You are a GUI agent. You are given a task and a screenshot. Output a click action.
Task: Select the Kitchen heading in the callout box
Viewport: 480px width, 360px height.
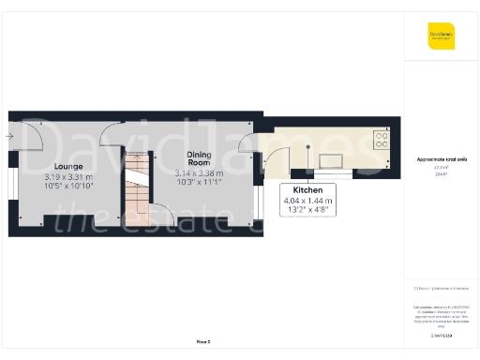[307, 188]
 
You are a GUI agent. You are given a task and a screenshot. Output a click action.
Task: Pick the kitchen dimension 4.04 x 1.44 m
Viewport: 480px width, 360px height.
[307, 200]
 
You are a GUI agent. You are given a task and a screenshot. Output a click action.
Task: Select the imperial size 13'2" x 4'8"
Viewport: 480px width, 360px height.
[307, 210]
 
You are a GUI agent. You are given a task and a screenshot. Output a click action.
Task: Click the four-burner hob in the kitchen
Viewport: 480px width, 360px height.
[382, 140]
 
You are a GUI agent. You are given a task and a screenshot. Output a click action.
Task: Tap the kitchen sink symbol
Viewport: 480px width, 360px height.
[330, 160]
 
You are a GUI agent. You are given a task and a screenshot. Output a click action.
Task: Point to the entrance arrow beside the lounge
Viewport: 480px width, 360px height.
[8, 137]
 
